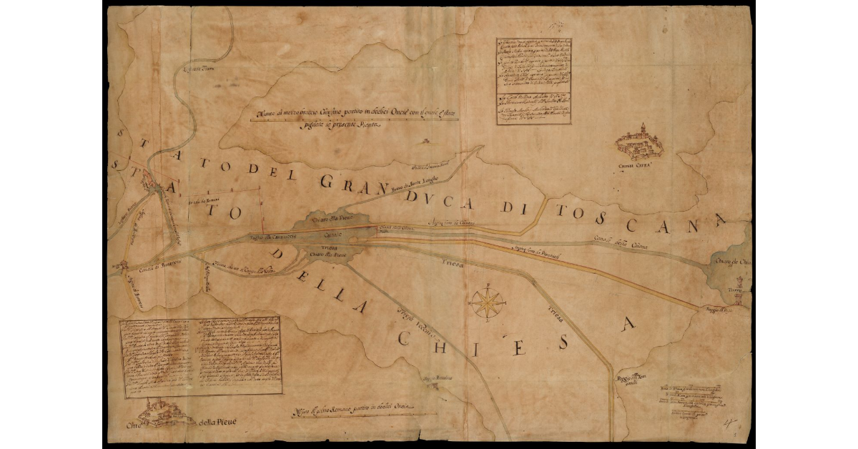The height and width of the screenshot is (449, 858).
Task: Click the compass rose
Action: [488, 302]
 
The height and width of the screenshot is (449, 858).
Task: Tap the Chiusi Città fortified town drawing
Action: [640, 142]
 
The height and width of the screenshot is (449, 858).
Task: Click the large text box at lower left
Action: [200, 356]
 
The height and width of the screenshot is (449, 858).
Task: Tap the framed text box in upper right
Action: [533, 81]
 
